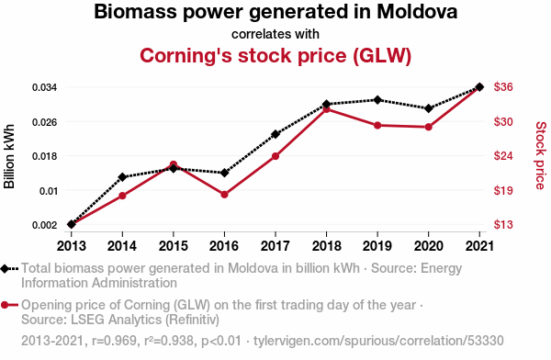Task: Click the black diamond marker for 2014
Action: tap(122, 177)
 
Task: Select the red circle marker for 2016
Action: tap(225, 195)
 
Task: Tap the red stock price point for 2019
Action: tap(377, 126)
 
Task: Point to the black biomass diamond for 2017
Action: tap(275, 134)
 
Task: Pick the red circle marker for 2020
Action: tap(428, 127)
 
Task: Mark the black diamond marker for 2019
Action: tap(377, 100)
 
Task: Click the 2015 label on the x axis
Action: tap(174, 246)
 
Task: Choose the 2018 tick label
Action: tap(326, 246)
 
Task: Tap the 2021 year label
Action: tap(479, 246)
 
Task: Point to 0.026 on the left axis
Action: tap(44, 122)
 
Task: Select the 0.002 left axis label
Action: tap(44, 225)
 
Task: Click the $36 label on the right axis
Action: tap(503, 86)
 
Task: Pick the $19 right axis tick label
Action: tap(503, 190)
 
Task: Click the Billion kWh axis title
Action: tap(9, 156)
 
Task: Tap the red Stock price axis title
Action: tap(541, 155)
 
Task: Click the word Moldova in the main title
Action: tap(417, 12)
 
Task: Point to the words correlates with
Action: tap(275, 34)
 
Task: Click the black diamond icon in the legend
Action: tap(5, 269)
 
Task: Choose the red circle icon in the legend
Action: tap(5, 305)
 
